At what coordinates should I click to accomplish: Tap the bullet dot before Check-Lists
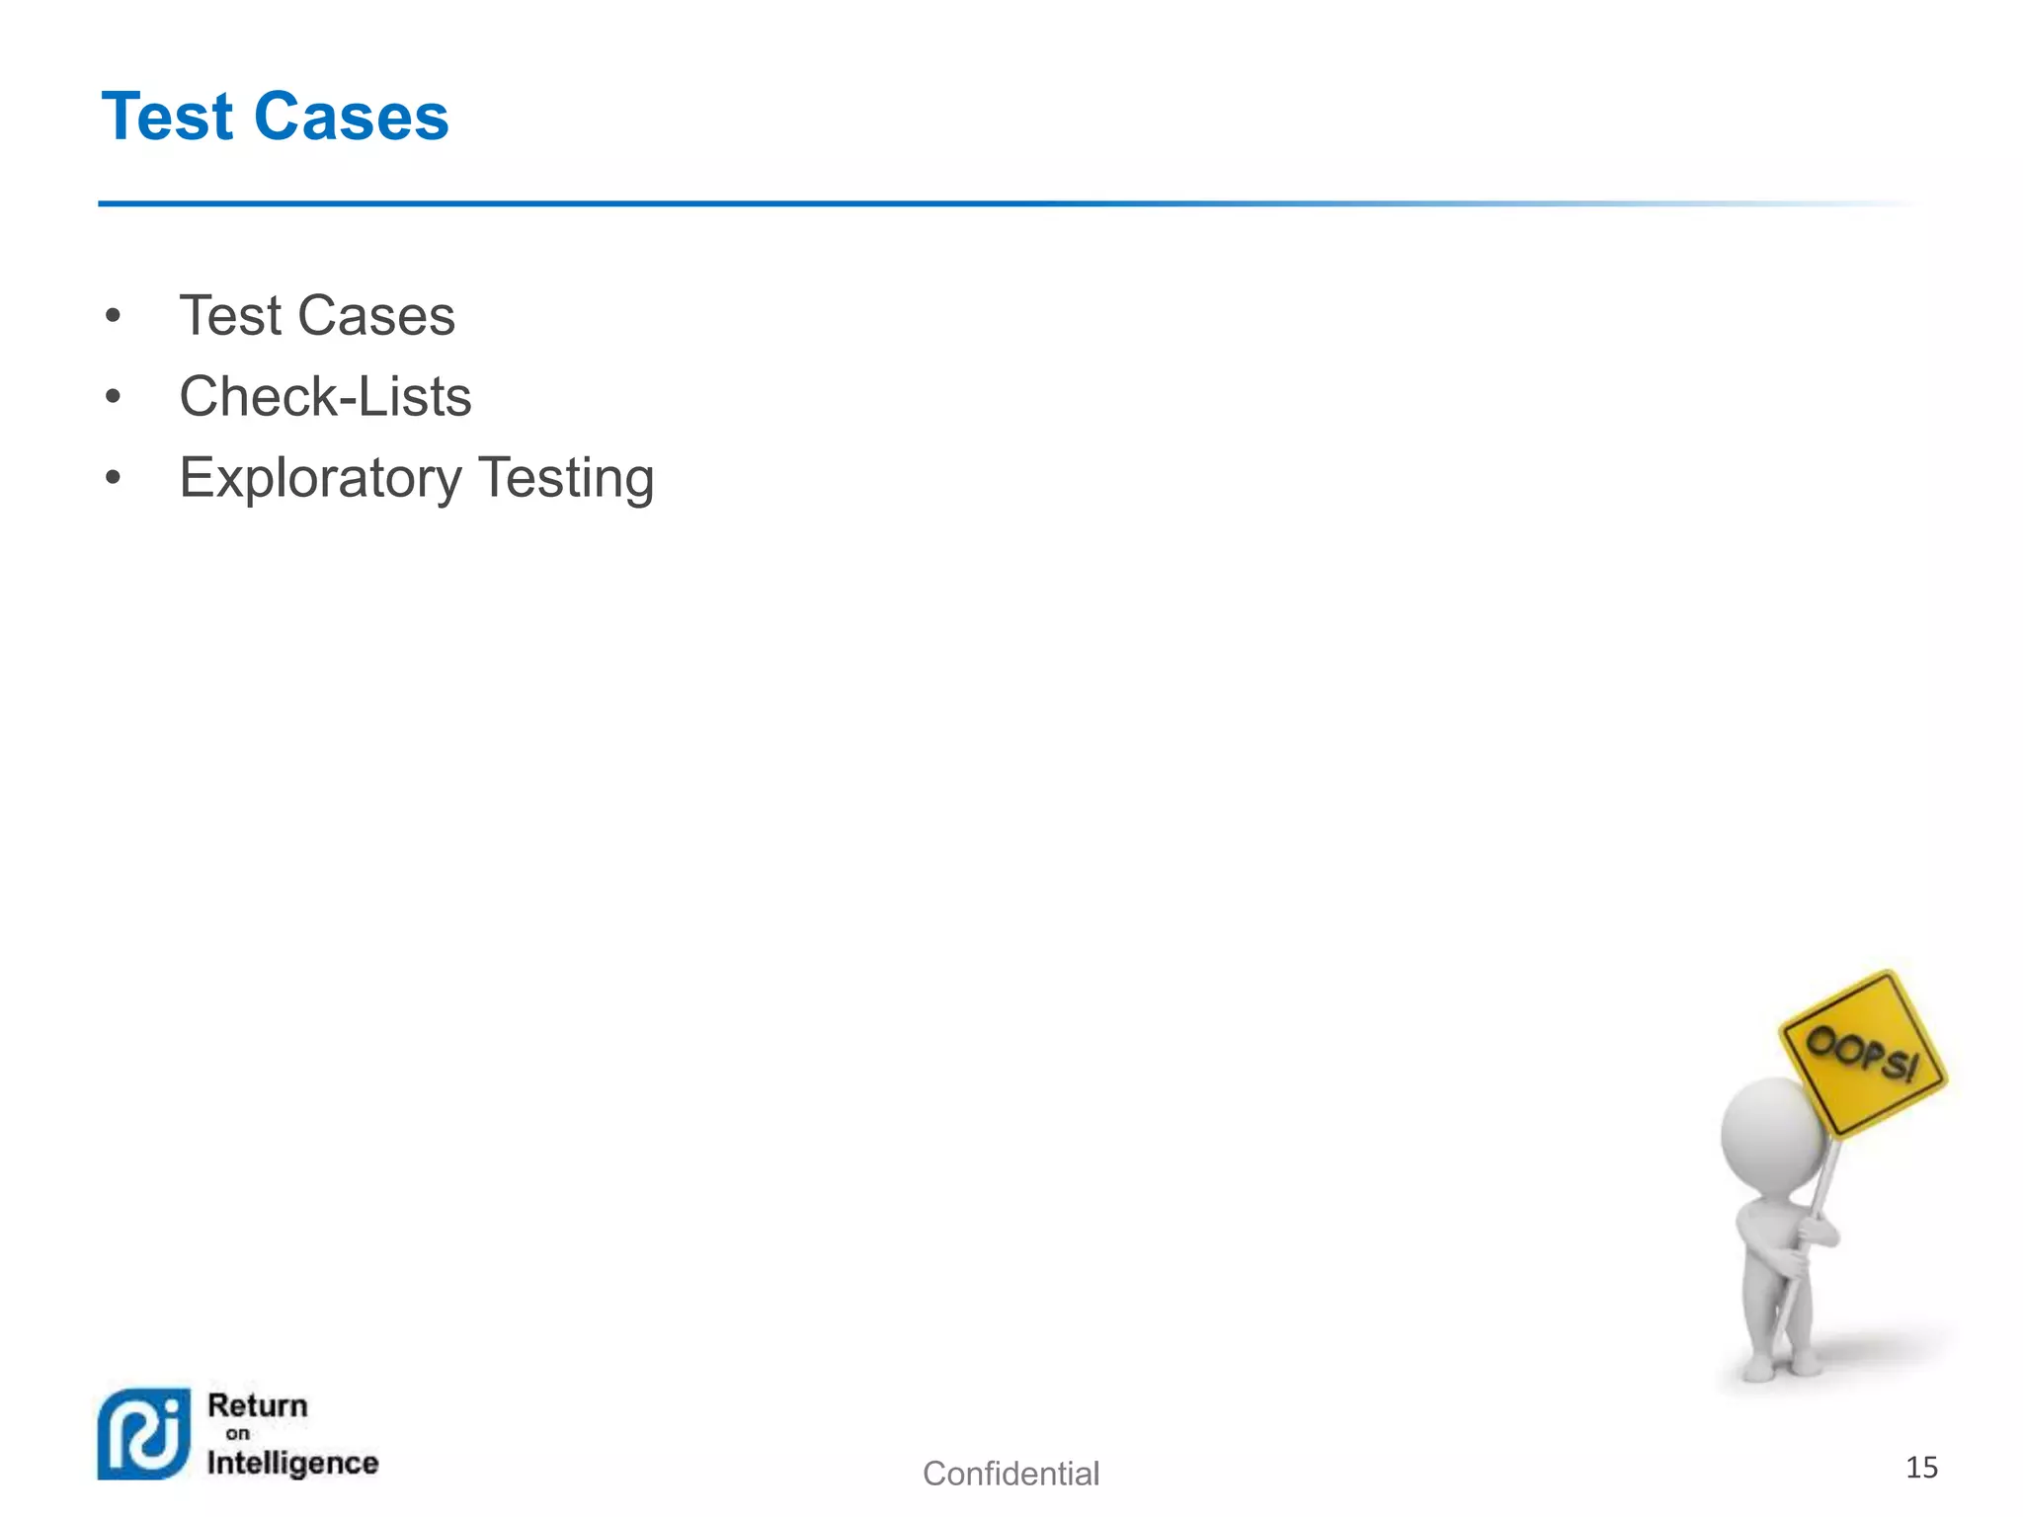[114, 397]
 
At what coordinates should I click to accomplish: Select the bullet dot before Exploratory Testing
[114, 478]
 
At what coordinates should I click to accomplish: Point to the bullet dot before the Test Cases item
[114, 316]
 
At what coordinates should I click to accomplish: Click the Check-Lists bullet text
[325, 397]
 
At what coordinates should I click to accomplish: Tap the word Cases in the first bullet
[376, 316]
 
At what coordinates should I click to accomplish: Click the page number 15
[1920, 1468]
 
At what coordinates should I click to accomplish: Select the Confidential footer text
[1011, 1474]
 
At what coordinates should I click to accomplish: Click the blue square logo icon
[144, 1434]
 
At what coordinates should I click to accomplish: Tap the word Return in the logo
[258, 1405]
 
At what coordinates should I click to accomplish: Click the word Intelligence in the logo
[292, 1463]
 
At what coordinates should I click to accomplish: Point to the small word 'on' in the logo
[238, 1434]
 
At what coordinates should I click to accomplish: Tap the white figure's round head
[1772, 1136]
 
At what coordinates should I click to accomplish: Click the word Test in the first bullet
[229, 316]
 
